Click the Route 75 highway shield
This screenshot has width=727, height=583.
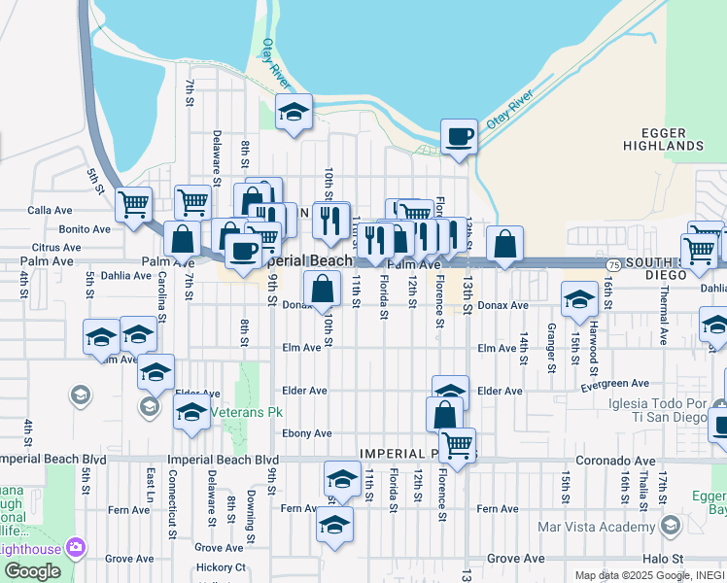(x=612, y=264)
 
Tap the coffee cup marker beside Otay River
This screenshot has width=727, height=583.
(x=459, y=137)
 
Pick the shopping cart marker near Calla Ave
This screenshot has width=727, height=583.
(x=133, y=205)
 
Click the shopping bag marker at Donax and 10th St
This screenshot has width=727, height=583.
(x=323, y=289)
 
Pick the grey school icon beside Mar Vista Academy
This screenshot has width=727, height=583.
(x=670, y=527)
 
